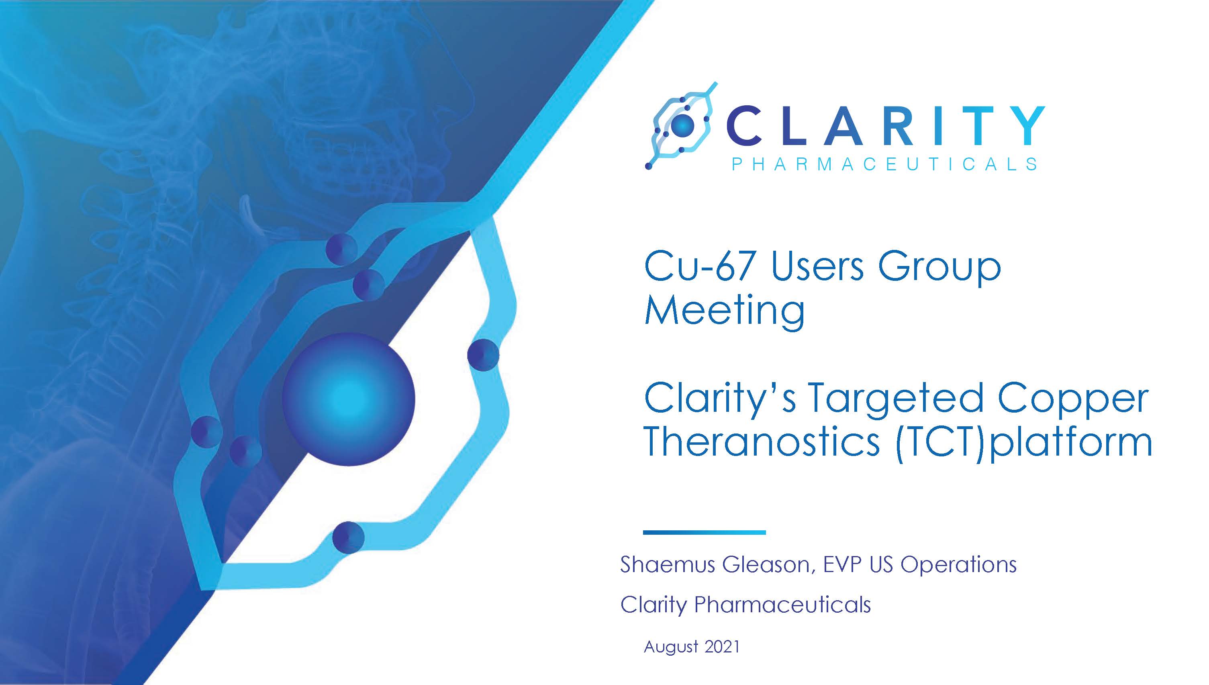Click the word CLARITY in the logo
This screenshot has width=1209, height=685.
[885, 126]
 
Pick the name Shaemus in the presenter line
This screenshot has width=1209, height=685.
[668, 564]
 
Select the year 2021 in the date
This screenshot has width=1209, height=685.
[722, 646]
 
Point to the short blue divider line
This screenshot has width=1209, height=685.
[704, 532]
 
